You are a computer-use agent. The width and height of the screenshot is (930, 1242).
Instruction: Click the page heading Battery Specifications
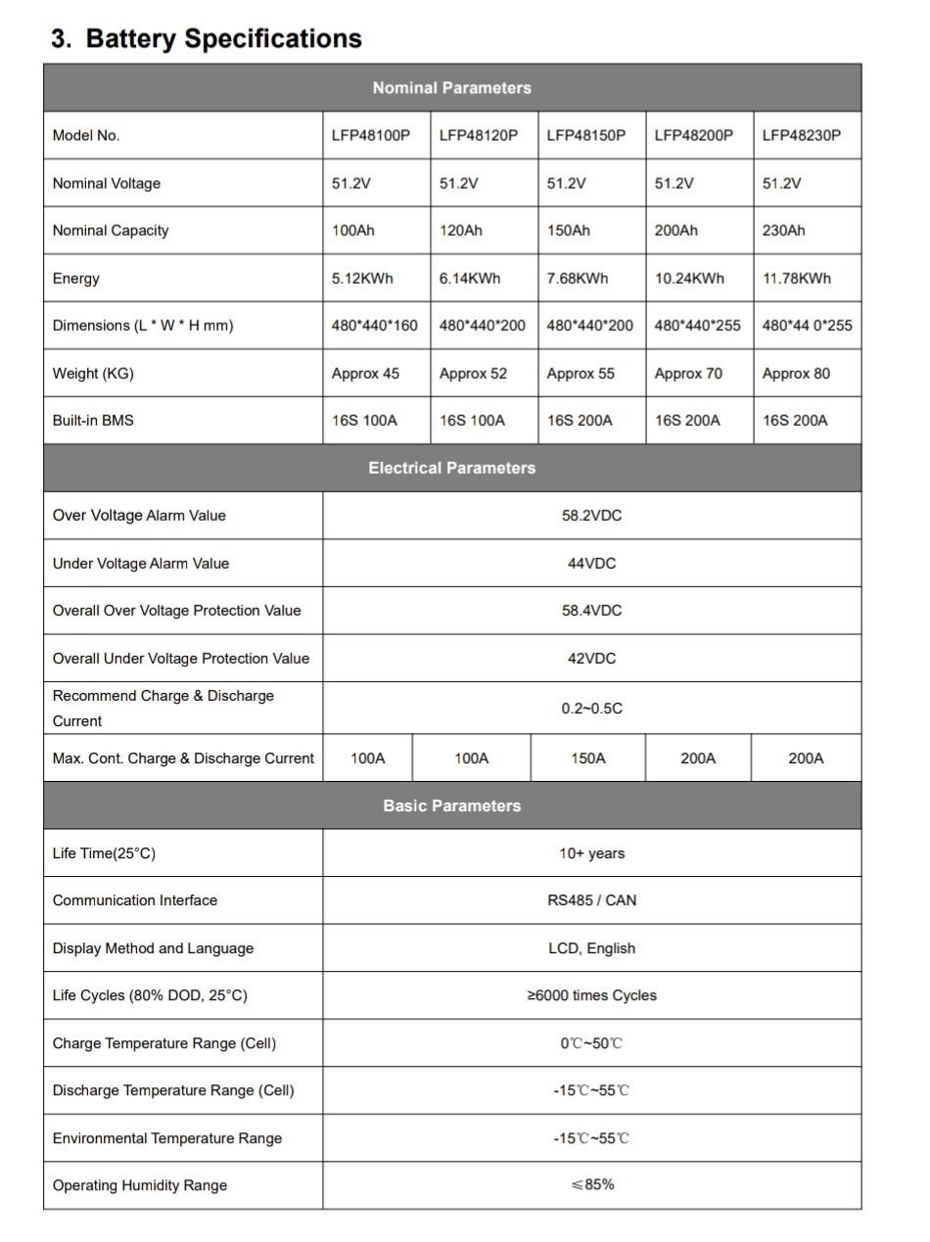pyautogui.click(x=206, y=38)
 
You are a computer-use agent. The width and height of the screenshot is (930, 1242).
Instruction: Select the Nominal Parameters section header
pyautogui.click(x=451, y=88)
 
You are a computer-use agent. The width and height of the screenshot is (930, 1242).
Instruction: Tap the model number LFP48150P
pyautogui.click(x=585, y=136)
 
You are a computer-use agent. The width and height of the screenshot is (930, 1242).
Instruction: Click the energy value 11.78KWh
pyautogui.click(x=796, y=279)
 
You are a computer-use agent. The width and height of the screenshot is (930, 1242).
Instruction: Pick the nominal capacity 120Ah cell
pyautogui.click(x=460, y=231)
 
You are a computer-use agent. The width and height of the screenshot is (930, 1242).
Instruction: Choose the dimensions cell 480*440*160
pyautogui.click(x=374, y=326)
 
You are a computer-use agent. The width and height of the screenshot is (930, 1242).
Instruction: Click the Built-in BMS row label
pyautogui.click(x=93, y=421)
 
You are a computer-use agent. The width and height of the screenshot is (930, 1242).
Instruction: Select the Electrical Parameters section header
pyautogui.click(x=451, y=468)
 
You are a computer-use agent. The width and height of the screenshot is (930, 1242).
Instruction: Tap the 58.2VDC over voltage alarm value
pyautogui.click(x=591, y=516)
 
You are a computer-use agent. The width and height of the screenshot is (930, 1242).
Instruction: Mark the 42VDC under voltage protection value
pyautogui.click(x=591, y=659)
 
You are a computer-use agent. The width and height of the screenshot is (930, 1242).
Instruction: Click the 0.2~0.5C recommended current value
pyautogui.click(x=591, y=709)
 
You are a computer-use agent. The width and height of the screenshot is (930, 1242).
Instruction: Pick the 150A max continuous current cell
pyautogui.click(x=587, y=759)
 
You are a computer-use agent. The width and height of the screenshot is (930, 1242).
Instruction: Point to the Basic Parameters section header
pyautogui.click(x=451, y=806)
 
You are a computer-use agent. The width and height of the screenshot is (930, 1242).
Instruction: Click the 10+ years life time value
pyautogui.click(x=591, y=853)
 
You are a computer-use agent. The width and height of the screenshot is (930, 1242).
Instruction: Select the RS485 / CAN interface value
pyautogui.click(x=591, y=900)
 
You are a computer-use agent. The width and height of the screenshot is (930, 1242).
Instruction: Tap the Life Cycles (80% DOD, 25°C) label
pyautogui.click(x=150, y=995)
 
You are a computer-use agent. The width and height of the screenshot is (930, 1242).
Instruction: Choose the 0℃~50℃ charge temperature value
pyautogui.click(x=591, y=1043)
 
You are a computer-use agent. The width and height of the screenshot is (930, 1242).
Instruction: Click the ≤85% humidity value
pyautogui.click(x=592, y=1185)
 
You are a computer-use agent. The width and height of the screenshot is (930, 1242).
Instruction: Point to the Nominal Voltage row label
pyautogui.click(x=107, y=184)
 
